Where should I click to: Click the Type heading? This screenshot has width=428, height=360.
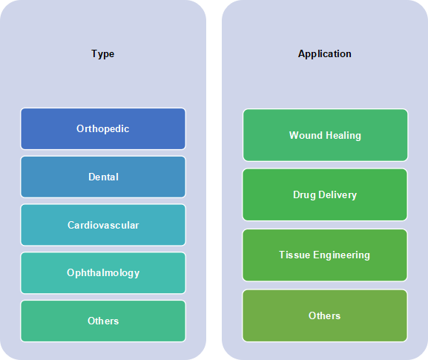point(102,53)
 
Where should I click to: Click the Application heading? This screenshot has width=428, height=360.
point(325,53)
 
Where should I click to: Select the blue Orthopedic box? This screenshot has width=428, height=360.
point(103,128)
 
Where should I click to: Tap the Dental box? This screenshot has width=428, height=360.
point(103,177)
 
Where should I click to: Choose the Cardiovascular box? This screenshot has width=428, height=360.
point(103,225)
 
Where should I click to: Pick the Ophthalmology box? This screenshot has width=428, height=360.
point(103,273)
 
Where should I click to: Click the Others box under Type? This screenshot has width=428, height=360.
point(103,321)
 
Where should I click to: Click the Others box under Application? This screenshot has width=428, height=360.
point(325,315)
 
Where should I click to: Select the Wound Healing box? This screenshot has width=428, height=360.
point(326,135)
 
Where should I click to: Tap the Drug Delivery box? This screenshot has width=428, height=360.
point(325,194)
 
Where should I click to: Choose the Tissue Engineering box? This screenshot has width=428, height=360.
point(325,255)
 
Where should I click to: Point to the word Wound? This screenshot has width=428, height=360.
point(306,135)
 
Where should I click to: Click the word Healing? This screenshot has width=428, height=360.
point(343,136)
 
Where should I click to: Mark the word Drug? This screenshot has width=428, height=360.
point(304,195)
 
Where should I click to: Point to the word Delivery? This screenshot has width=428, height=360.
point(338,195)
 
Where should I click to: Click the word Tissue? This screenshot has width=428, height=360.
point(294,255)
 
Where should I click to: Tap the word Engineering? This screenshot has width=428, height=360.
point(341,255)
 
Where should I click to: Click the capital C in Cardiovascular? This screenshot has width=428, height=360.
point(70,225)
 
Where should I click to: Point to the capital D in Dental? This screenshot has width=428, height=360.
point(92,177)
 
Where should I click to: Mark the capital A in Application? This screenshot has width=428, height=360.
point(302,53)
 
